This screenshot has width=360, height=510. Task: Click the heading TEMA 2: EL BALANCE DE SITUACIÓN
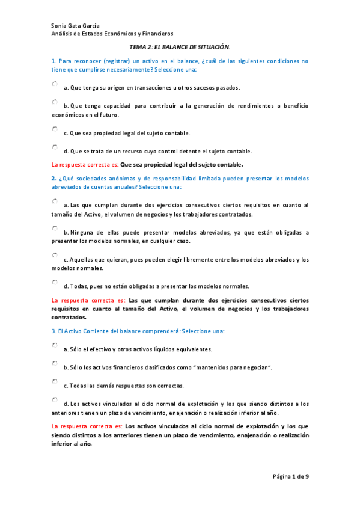click(x=180, y=46)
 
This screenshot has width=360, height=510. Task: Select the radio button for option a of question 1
click(x=55, y=84)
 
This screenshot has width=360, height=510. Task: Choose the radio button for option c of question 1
click(x=55, y=129)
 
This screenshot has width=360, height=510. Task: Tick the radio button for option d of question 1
click(x=55, y=147)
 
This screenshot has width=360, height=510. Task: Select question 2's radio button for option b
click(x=55, y=229)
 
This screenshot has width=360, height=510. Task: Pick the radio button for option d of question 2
click(x=55, y=282)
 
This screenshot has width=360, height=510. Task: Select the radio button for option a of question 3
click(x=55, y=346)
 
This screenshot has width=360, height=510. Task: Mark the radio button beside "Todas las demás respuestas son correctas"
click(x=55, y=381)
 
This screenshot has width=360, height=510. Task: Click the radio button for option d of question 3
click(x=55, y=399)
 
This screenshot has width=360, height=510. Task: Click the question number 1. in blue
click(x=54, y=61)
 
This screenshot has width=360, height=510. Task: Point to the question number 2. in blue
click(x=54, y=179)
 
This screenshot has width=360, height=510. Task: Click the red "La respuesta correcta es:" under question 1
click(x=85, y=164)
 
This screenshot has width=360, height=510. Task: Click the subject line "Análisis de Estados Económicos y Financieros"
click(x=112, y=34)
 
